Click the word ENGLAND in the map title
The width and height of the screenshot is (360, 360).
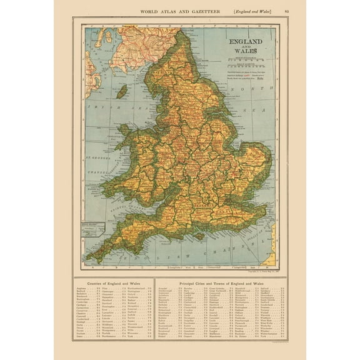point(246,41)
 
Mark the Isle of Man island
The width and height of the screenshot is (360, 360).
point(122,92)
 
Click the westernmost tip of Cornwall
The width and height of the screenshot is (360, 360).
point(87,257)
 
